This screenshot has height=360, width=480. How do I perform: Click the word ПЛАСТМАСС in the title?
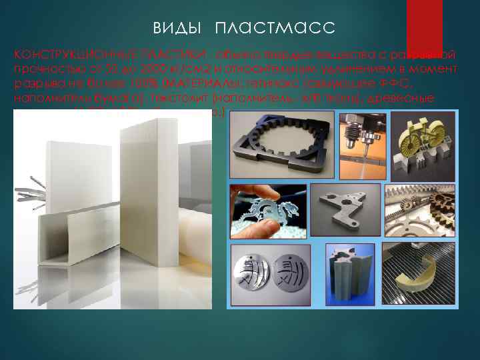pos(275,28)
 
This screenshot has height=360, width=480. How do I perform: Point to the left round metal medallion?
pos(253,277)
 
